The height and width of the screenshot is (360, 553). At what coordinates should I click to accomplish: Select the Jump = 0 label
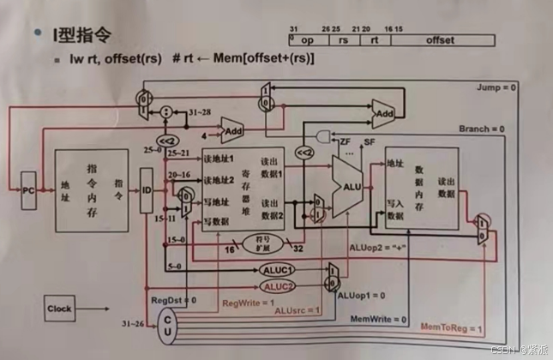[499, 88]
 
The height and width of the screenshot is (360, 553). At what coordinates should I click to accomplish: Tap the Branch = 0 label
[486, 129]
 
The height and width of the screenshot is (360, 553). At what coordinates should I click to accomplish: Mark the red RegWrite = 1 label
[249, 303]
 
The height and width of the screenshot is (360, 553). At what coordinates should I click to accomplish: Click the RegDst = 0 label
[174, 300]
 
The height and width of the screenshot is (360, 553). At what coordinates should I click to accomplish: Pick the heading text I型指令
[82, 36]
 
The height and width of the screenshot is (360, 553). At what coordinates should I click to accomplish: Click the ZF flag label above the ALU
[346, 141]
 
